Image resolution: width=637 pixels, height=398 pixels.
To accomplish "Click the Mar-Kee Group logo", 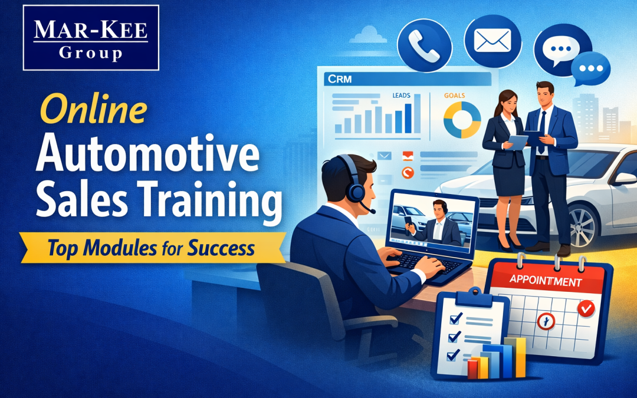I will click(91, 37).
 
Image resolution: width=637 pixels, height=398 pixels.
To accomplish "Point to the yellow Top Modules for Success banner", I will click(152, 248).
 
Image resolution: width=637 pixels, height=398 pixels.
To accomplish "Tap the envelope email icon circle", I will click(492, 41).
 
